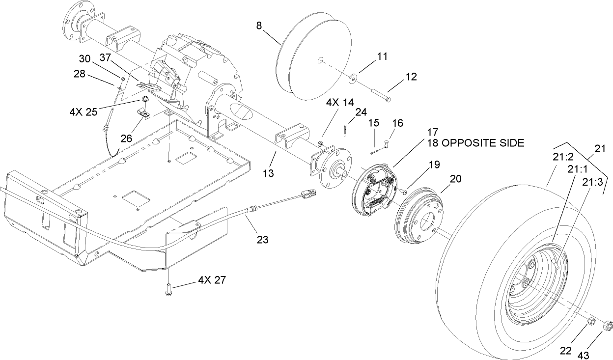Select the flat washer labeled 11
(x=353, y=78)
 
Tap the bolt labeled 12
(x=378, y=94)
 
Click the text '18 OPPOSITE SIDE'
(x=475, y=143)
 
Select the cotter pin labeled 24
(x=345, y=131)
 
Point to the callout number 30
(x=84, y=58)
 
